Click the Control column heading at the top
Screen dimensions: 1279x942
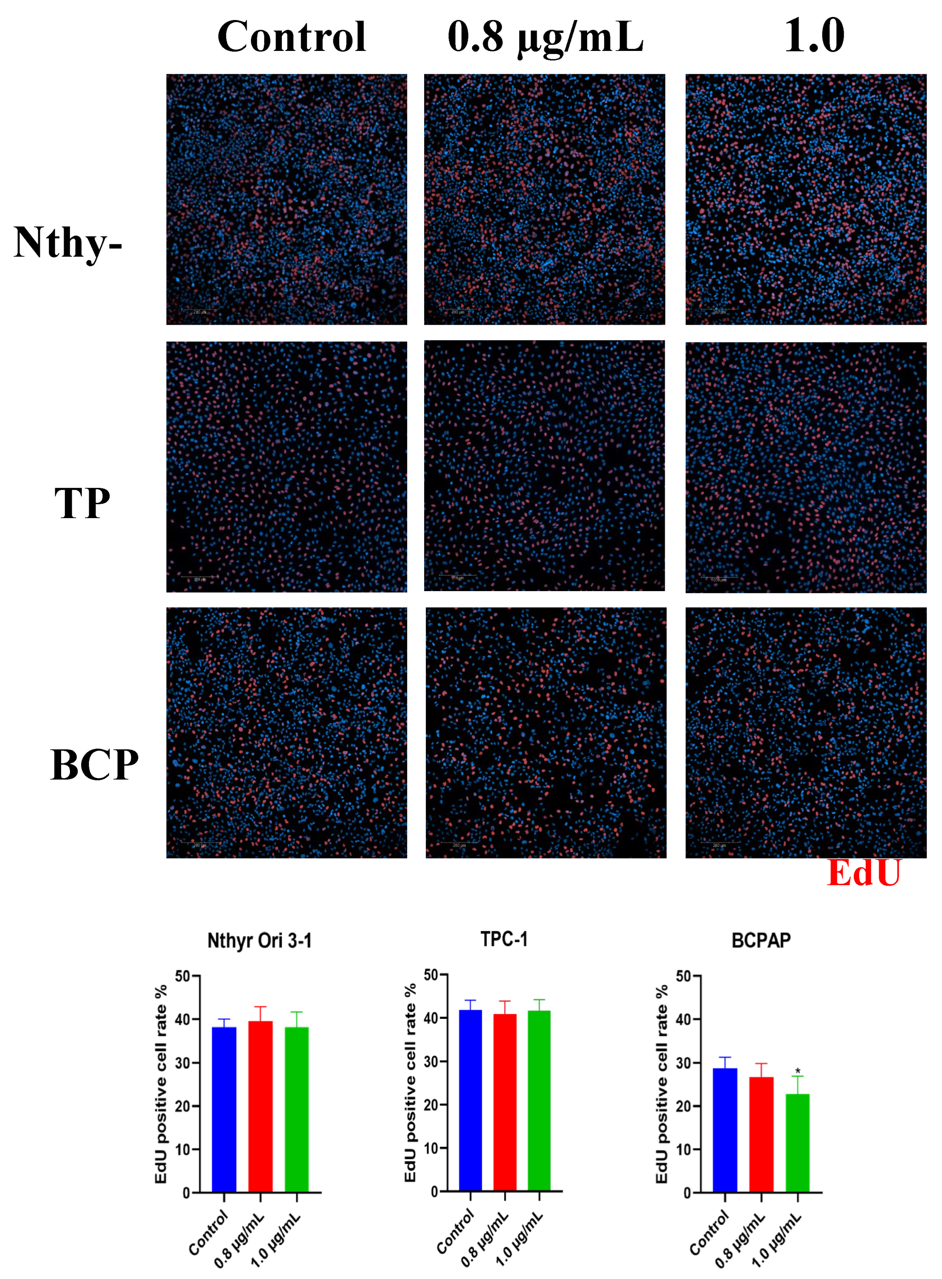(x=291, y=37)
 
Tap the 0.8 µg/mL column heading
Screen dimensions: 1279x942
(x=545, y=37)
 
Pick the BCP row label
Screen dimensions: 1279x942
(x=95, y=764)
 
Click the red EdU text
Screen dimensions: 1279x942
(x=863, y=872)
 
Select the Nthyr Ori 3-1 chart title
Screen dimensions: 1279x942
(x=259, y=940)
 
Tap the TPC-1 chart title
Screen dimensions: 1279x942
(x=504, y=939)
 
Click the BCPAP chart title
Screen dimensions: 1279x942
(x=761, y=940)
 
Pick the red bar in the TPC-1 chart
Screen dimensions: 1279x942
(x=505, y=1102)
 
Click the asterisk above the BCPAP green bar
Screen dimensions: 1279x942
(x=798, y=1072)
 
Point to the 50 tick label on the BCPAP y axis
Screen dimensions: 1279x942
(x=684, y=976)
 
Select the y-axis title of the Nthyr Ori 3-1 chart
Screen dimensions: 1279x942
(x=161, y=1083)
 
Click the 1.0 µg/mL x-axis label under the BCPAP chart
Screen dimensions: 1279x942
(x=776, y=1240)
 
